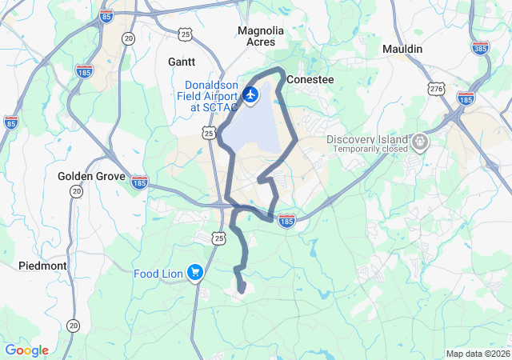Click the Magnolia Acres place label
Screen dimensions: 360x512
[261, 36]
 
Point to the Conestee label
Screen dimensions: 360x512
[310, 80]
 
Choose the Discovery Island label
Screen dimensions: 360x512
[367, 139]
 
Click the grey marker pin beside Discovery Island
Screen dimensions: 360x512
[420, 143]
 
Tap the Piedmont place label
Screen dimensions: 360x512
[42, 265]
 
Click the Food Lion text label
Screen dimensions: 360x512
[159, 274]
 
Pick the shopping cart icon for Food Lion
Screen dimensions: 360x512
[194, 274]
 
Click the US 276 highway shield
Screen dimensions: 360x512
[435, 89]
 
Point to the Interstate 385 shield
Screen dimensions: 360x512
[481, 49]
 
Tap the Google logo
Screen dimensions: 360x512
[26, 350]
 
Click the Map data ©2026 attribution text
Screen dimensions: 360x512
[477, 354]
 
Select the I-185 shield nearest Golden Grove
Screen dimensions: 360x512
[139, 182]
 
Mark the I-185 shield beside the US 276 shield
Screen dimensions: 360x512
[466, 98]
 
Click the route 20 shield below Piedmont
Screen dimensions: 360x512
[74, 326]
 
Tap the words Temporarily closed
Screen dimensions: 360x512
[367, 150]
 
